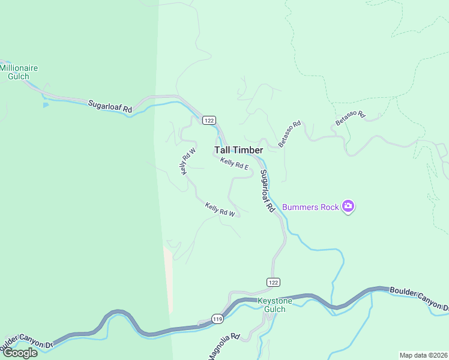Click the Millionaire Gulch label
[19, 72]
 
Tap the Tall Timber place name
[238, 150]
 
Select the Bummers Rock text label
[310, 207]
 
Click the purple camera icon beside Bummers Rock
[348, 207]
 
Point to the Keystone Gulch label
[274, 305]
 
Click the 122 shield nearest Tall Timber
[208, 120]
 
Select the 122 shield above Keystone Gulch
[273, 282]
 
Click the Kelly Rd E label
[234, 163]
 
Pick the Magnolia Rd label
[224, 347]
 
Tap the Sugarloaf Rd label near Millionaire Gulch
[110, 107]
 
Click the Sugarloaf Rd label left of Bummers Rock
[267, 191]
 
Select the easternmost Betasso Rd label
[350, 118]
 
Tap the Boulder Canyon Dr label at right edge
[419, 299]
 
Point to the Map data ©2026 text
[423, 355]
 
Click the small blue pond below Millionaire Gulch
[46, 105]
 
